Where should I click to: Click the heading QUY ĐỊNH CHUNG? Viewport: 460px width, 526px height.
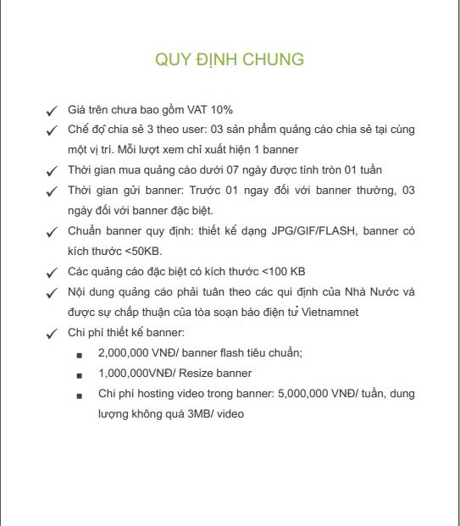click(x=230, y=59)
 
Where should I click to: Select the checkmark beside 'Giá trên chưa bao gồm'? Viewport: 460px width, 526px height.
click(x=52, y=111)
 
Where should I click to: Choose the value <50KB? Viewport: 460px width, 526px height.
click(x=143, y=252)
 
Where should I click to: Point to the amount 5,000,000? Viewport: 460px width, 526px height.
click(x=295, y=394)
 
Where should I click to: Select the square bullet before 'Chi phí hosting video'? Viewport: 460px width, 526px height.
click(x=80, y=395)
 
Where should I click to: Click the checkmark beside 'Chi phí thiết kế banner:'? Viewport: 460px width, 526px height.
click(x=52, y=334)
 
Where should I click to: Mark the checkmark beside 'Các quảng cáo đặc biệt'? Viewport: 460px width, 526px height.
click(x=52, y=273)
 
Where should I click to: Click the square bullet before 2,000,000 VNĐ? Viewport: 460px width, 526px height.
click(x=80, y=354)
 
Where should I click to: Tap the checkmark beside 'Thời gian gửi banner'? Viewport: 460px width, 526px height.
click(x=52, y=191)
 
